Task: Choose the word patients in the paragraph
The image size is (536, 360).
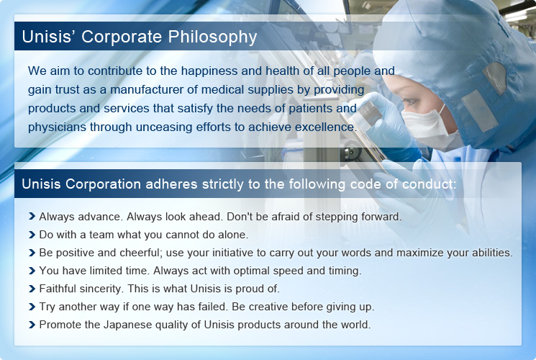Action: pyautogui.click(x=309, y=109)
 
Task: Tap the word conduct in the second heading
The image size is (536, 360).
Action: pyautogui.click(x=429, y=184)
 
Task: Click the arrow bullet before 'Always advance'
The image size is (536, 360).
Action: pyautogui.click(x=32, y=216)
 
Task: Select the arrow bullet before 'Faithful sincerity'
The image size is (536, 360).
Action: pyautogui.click(x=32, y=289)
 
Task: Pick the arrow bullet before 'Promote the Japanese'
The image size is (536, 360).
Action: pyautogui.click(x=32, y=325)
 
